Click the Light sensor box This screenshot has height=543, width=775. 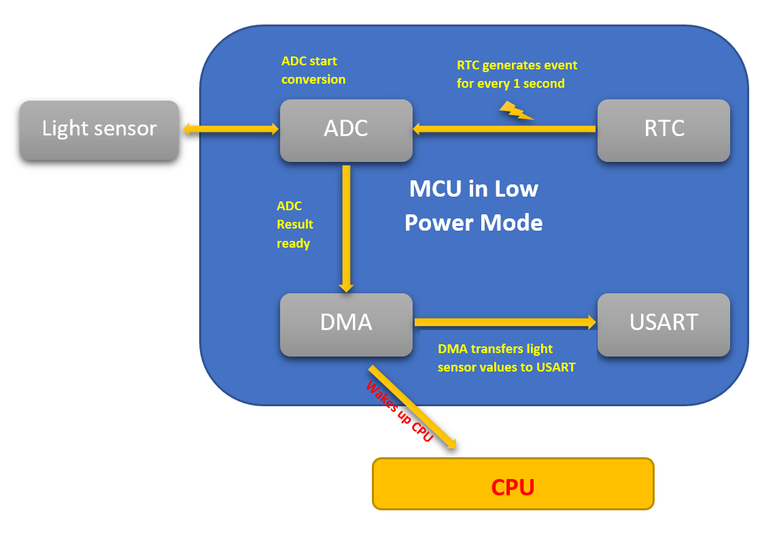coord(99,130)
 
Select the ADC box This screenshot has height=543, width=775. coord(346,130)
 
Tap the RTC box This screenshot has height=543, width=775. coord(664,130)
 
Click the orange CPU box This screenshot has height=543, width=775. coord(513,484)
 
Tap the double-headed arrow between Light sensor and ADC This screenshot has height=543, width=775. coord(230,129)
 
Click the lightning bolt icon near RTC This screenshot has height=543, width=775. coord(516,111)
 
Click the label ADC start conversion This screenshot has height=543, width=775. coord(313,70)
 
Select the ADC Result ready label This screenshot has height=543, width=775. coord(294,225)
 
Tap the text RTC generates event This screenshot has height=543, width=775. coord(517,65)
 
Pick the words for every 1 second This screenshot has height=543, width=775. coord(511,84)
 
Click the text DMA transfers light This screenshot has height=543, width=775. coord(495,349)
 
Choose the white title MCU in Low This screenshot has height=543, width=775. coord(473,188)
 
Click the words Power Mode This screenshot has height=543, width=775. coord(473,223)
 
